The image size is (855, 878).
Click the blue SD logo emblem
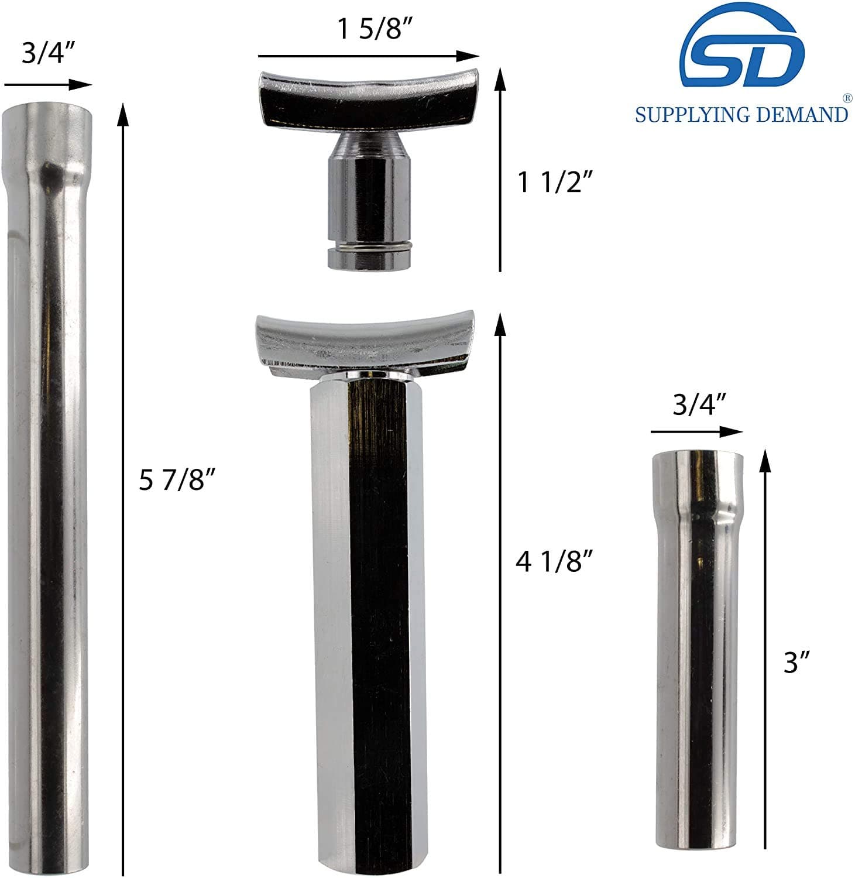(x=742, y=53)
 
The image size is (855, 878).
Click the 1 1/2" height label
(x=556, y=183)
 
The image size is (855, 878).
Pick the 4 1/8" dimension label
(x=555, y=562)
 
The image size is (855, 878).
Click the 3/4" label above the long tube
(x=47, y=53)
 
